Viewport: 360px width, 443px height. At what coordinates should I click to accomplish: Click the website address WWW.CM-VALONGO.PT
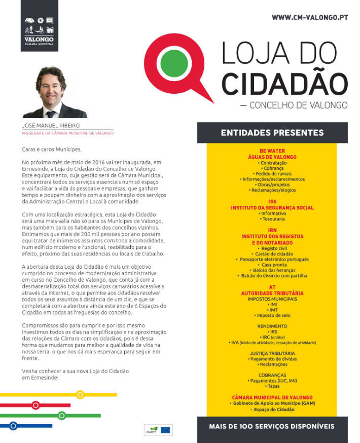coord(310,17)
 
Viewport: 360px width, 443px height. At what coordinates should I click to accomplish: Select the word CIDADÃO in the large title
coord(285,83)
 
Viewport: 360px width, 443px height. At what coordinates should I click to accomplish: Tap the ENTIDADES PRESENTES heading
coord(272,133)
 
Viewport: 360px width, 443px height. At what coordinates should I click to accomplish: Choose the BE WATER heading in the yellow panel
coord(271,151)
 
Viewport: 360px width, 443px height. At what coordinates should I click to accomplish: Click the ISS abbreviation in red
coord(272,201)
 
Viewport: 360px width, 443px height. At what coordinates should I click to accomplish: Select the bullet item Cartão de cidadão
coord(272,253)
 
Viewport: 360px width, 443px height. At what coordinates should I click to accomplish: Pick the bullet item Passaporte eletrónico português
coord(272,259)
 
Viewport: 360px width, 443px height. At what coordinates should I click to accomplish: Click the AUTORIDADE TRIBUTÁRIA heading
coord(272,293)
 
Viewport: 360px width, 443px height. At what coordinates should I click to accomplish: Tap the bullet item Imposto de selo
coord(272,315)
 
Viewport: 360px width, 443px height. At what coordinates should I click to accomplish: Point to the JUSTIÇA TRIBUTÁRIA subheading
coord(272,353)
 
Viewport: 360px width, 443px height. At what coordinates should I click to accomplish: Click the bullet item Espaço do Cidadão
coord(272,409)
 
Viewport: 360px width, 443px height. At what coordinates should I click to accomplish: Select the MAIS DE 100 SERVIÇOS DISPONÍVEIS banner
coord(272,426)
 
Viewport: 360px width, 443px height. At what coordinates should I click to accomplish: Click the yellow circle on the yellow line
coord(80,394)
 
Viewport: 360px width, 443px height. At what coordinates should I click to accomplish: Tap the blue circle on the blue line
coord(14,426)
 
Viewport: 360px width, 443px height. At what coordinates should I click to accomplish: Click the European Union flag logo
coord(165,430)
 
